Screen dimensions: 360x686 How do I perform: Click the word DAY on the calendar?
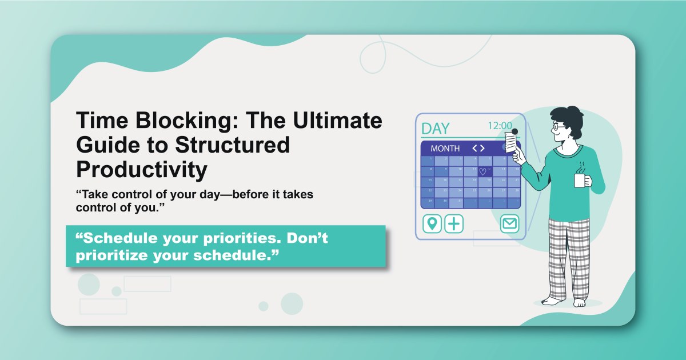coord(436,128)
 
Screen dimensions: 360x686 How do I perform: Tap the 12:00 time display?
coord(500,126)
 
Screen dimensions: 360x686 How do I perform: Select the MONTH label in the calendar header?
coord(445,149)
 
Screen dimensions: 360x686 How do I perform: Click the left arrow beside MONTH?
coord(474,149)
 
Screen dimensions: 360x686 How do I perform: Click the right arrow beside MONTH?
coord(482,149)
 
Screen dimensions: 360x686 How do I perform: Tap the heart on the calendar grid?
coord(482,171)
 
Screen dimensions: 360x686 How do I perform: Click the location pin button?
coord(432,223)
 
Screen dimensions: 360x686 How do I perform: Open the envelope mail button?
coord(509,223)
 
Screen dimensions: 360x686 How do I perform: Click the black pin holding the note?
coord(514,131)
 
